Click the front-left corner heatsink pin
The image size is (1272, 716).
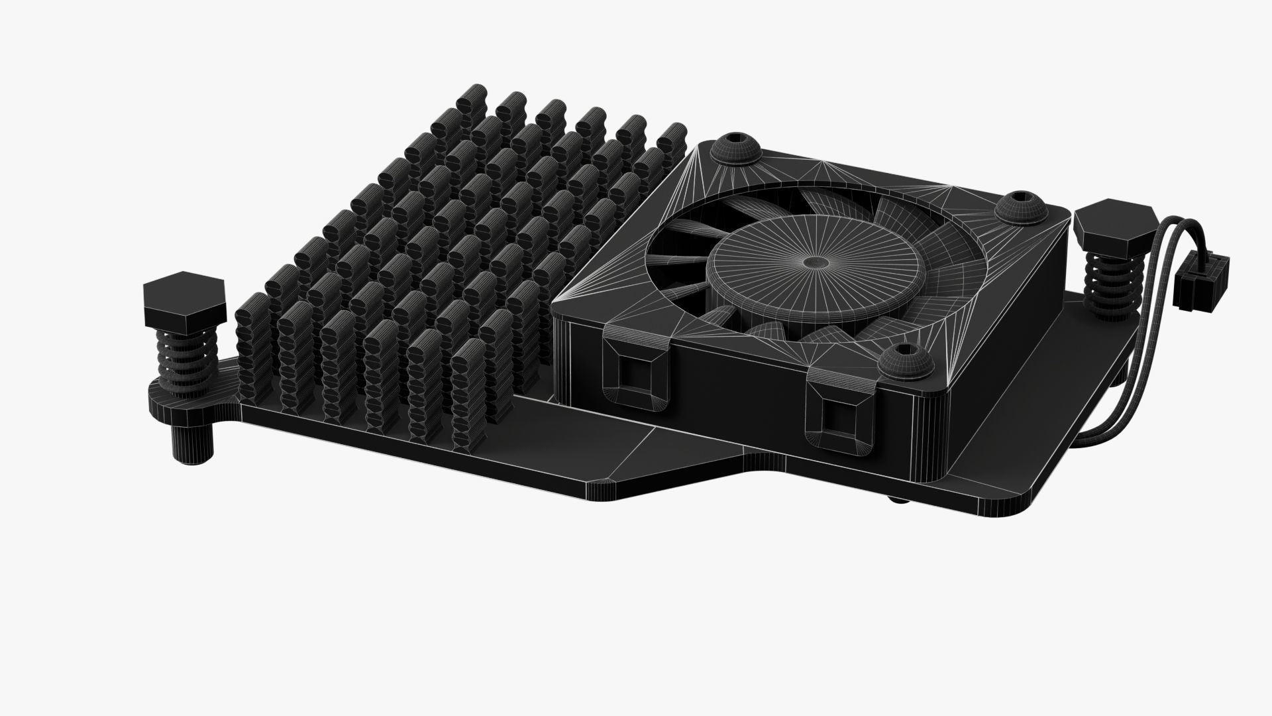(x=253, y=345)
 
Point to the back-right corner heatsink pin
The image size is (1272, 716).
(x=670, y=139)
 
